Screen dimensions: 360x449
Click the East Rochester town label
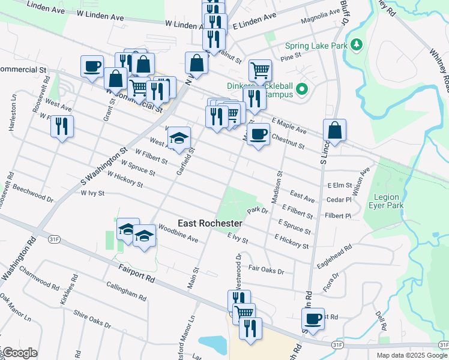coord(210,223)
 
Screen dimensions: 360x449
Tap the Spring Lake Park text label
coord(316,46)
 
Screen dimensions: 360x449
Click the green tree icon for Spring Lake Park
coord(357,45)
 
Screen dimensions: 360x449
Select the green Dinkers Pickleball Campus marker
coord(302,90)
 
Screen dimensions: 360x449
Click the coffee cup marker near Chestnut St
coord(258,134)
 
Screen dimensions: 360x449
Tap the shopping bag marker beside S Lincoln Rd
coord(334,130)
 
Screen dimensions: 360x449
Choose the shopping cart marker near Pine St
coord(260,70)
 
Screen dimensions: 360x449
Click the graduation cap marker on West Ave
coord(178,138)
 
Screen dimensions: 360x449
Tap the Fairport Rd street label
coord(137,275)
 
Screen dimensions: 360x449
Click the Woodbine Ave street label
coord(178,234)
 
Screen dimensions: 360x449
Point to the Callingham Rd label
coord(126,292)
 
